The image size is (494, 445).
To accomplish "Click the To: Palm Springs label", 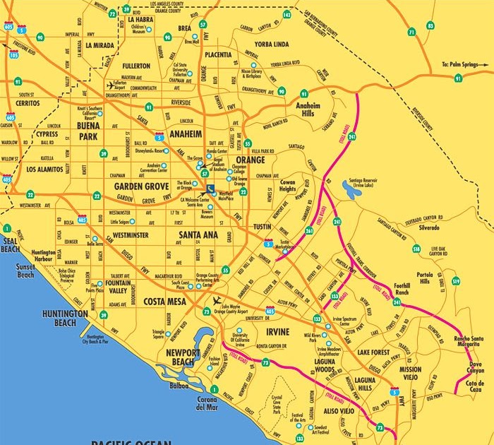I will click(x=463, y=64).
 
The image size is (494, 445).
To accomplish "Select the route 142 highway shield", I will click(x=287, y=14).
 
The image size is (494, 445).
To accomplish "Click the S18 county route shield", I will click(x=416, y=249).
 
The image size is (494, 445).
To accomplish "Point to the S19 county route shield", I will click(x=456, y=282).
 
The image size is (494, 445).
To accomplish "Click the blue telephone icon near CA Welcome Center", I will click(x=212, y=189).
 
